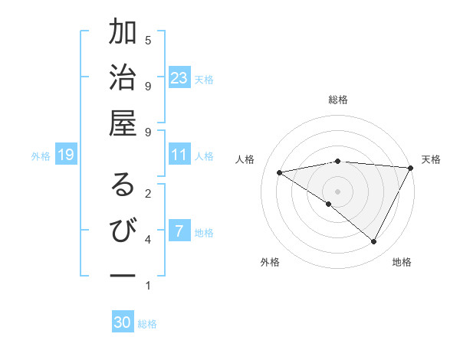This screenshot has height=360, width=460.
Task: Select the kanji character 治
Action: (x=123, y=80)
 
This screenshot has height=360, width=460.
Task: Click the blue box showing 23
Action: (x=179, y=78)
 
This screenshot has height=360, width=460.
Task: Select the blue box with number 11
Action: (x=179, y=155)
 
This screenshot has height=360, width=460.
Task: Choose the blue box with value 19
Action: (x=66, y=155)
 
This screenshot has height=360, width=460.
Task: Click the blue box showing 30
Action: (x=123, y=322)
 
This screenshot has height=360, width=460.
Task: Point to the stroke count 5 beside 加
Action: (x=148, y=40)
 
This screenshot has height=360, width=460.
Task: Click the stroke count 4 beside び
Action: (x=148, y=240)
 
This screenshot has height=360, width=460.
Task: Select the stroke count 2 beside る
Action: (x=148, y=193)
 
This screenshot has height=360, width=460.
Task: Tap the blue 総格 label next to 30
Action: (x=147, y=324)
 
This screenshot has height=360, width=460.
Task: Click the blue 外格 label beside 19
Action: (x=41, y=156)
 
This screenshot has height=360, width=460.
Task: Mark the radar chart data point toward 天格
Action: (x=412, y=168)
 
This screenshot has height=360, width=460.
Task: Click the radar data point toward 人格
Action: (x=280, y=172)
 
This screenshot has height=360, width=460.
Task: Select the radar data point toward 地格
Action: (x=374, y=242)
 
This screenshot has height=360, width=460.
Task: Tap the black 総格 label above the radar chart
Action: (x=338, y=100)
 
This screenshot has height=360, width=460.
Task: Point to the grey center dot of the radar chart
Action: (x=338, y=191)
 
